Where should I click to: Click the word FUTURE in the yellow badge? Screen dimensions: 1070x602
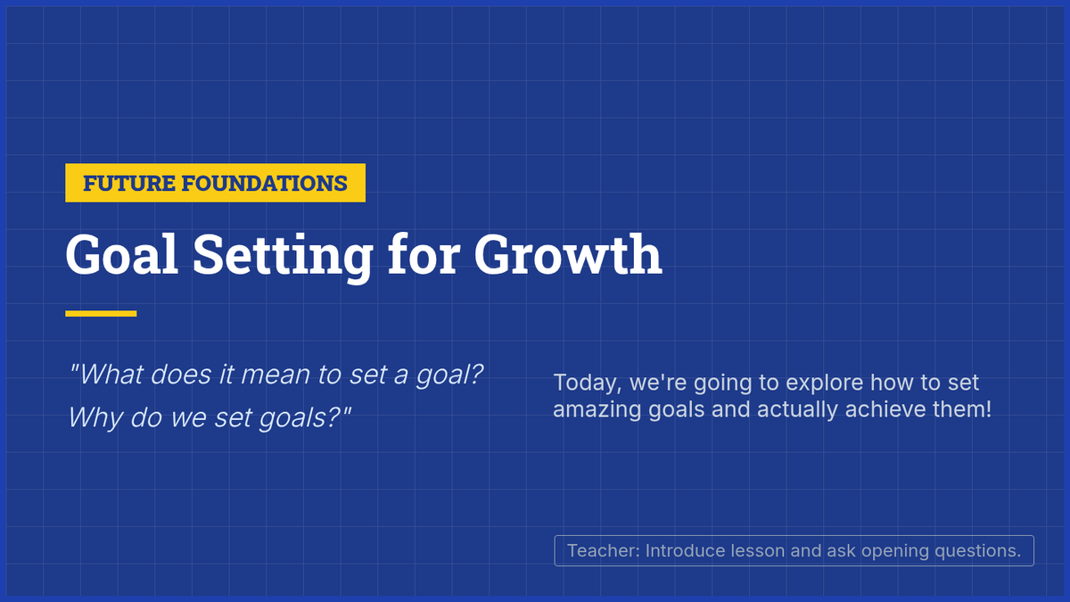[129, 184]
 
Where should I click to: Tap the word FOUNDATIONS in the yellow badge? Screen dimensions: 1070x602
[265, 184]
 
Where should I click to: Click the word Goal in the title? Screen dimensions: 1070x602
[122, 255]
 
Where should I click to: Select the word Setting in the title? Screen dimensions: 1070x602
[283, 258]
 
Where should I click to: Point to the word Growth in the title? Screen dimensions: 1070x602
[568, 255]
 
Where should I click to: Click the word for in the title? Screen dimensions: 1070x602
[424, 255]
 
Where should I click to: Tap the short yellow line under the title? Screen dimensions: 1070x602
[101, 313]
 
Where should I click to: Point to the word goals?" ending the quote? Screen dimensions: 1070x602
[305, 418]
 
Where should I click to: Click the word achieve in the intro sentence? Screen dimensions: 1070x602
[885, 409]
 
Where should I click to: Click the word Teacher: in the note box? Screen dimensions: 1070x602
[604, 551]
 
